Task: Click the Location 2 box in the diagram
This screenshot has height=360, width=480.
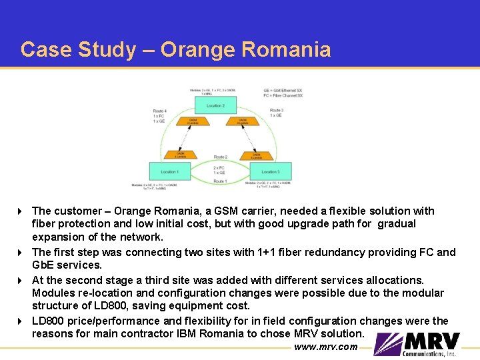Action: click(x=215, y=105)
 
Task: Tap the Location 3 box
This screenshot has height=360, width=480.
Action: click(x=269, y=171)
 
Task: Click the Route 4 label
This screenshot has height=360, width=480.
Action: click(x=159, y=111)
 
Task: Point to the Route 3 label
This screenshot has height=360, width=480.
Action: click(x=277, y=110)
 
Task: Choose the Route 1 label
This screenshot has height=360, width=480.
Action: click(x=219, y=181)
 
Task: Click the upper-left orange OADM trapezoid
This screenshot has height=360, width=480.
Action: click(x=193, y=121)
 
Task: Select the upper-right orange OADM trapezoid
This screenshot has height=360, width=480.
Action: click(x=238, y=121)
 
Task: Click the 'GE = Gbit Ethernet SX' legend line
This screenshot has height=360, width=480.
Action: click(x=283, y=90)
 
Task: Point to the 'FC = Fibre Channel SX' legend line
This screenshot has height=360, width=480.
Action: click(x=283, y=95)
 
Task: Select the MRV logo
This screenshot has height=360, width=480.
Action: click(x=417, y=343)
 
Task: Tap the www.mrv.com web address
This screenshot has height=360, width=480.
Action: click(x=325, y=347)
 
